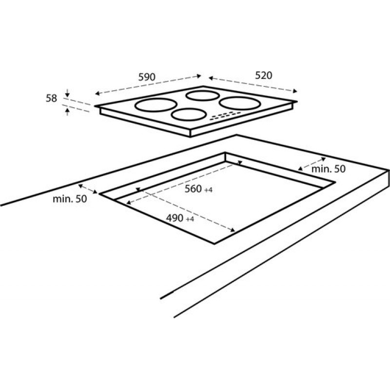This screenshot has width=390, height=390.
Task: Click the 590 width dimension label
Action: tap(147, 77)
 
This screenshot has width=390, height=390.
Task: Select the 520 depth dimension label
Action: tap(263, 75)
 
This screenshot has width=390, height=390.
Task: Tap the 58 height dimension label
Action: tap(51, 98)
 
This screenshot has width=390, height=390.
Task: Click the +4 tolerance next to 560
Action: tap(209, 190)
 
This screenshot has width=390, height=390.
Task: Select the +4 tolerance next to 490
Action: tap(190, 219)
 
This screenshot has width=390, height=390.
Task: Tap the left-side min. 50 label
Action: tap(70, 199)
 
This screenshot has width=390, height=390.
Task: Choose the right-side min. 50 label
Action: tap(329, 169)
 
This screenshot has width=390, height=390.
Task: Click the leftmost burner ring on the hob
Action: tap(156, 104)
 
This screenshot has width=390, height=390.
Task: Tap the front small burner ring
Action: tap(189, 115)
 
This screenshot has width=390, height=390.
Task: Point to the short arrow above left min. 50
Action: tap(88, 189)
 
